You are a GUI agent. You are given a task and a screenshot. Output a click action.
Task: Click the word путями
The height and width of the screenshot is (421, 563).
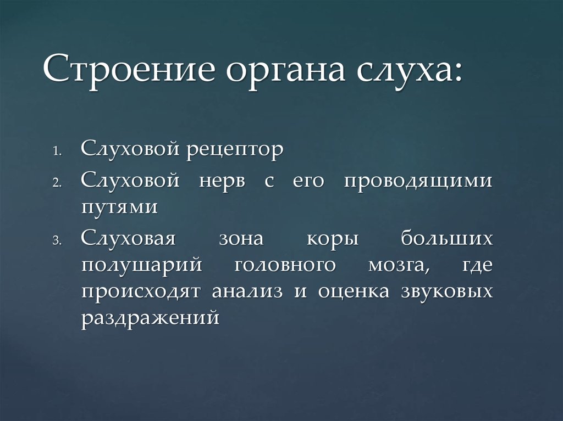120,208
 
